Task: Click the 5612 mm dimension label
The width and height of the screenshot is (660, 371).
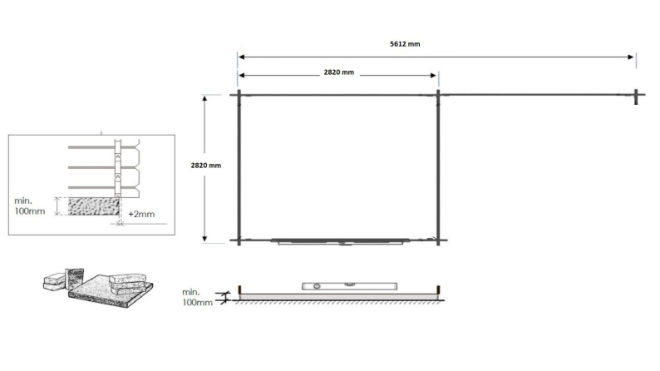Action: click(405, 44)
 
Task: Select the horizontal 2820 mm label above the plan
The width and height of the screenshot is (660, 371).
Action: click(338, 73)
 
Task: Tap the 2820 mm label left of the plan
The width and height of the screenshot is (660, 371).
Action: click(206, 166)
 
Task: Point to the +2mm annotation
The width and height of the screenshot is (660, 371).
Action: click(144, 215)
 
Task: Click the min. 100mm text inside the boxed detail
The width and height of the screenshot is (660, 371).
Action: click(32, 206)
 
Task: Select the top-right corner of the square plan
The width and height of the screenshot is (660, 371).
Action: click(438, 96)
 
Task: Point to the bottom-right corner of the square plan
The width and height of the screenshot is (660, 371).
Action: click(438, 241)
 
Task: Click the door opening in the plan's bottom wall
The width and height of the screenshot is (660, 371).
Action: click(341, 242)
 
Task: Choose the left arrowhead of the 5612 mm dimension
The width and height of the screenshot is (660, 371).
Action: click(240, 57)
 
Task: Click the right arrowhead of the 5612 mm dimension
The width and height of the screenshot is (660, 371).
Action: click(633, 57)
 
